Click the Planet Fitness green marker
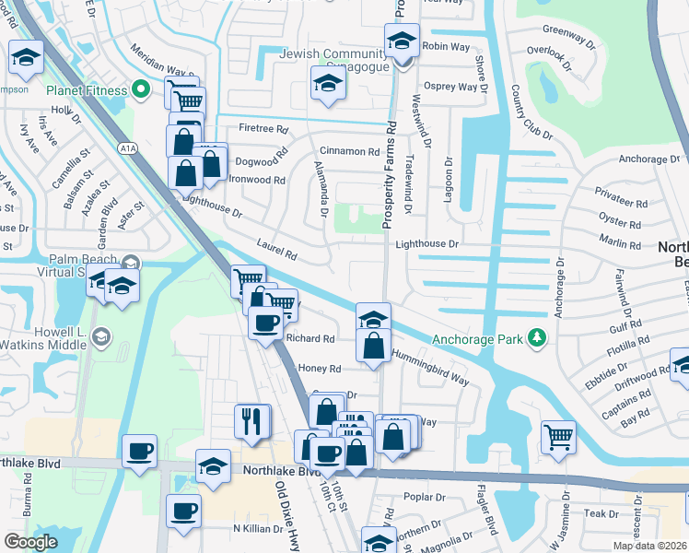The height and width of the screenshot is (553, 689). pos(141,89)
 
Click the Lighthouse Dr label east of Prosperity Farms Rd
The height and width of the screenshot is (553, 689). pos(426,244)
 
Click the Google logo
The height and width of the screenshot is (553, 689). pos(30,542)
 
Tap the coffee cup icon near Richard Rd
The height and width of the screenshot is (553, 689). pos(266,323)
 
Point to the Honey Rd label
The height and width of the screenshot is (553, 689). pos(320,369)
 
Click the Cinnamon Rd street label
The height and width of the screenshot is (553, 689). pos(349,152)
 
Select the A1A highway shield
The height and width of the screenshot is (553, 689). pos(128,147)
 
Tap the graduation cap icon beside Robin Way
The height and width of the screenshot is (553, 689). pos(402,41)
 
